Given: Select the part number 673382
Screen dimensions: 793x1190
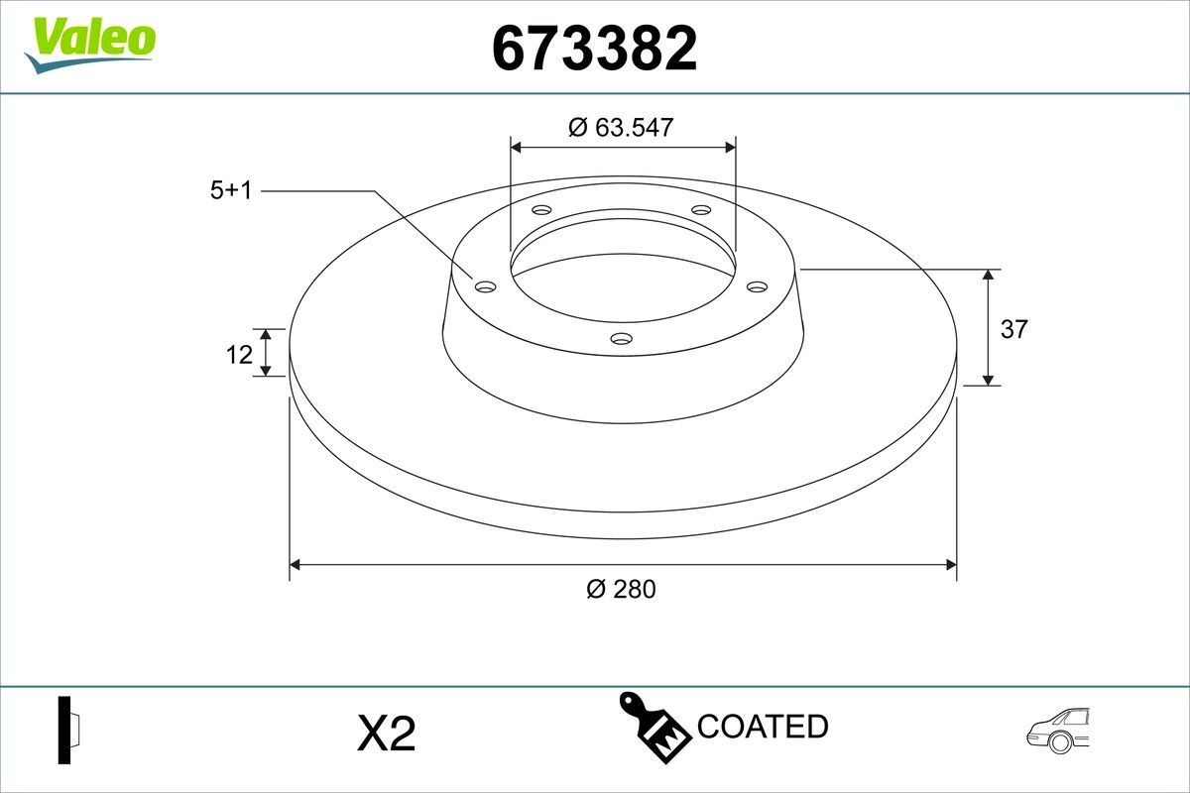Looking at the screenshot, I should [594, 49].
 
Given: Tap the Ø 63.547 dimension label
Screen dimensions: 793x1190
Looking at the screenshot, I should [622, 127].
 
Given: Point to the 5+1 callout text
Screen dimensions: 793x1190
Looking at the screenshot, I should [231, 191].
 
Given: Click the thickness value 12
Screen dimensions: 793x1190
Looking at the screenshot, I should [239, 354].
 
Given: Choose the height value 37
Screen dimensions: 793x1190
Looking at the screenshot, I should [1013, 329].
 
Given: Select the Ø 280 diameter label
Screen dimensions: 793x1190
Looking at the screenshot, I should [622, 589].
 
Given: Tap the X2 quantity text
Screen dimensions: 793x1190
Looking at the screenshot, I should [386, 735].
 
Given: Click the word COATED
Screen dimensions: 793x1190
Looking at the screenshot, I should [763, 727].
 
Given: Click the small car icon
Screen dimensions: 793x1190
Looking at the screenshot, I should [1058, 731].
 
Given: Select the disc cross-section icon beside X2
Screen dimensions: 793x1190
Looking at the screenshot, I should [68, 731].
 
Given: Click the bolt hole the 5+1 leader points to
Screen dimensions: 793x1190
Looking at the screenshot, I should [486, 286].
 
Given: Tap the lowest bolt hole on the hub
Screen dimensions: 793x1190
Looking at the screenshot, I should [622, 339].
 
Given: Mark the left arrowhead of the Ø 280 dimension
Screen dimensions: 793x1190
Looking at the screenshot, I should [295, 565].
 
